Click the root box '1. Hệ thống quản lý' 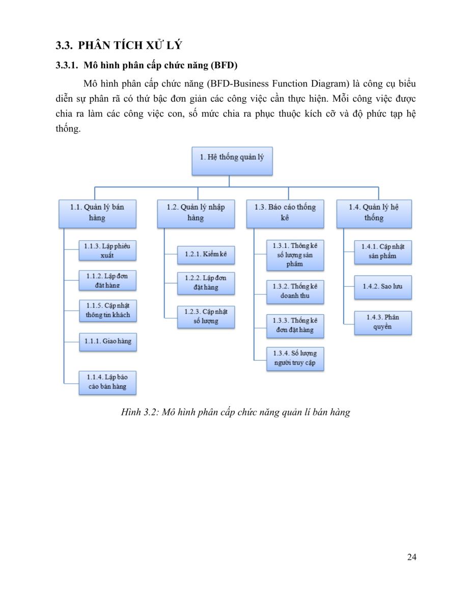[232, 161]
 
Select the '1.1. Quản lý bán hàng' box [97, 214]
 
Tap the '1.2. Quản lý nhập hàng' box [196, 214]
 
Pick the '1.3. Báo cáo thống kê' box [285, 214]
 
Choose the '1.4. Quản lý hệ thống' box [374, 214]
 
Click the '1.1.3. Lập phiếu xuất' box [107, 250]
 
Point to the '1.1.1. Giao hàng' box [108, 342]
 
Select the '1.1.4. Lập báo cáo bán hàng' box [107, 383]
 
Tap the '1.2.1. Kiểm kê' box [206, 255]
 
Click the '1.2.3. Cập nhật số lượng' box [206, 317]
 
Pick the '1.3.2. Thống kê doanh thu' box [295, 292]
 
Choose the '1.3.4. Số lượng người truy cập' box [295, 359]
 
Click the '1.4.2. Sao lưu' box [383, 287]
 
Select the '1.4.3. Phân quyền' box [383, 323]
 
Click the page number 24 [411, 557]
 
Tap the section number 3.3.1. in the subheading [67, 65]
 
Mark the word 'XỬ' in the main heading [154, 45]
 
